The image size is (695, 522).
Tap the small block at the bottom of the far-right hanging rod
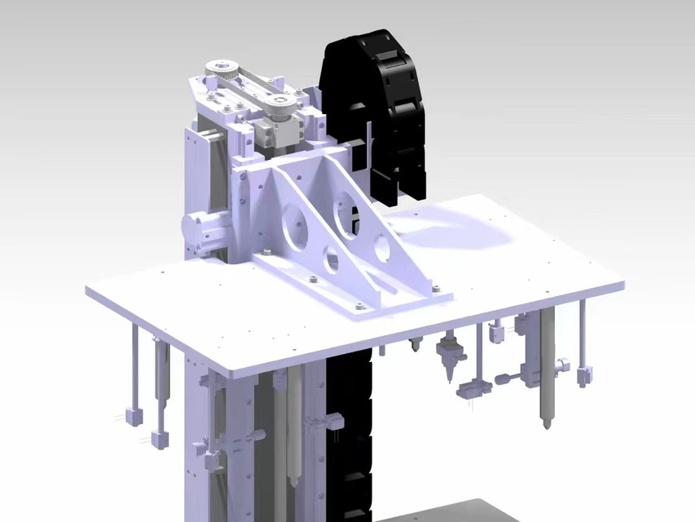[584, 376]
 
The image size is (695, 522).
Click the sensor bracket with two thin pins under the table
[470, 389]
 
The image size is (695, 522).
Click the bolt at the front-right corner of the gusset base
[434, 286]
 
